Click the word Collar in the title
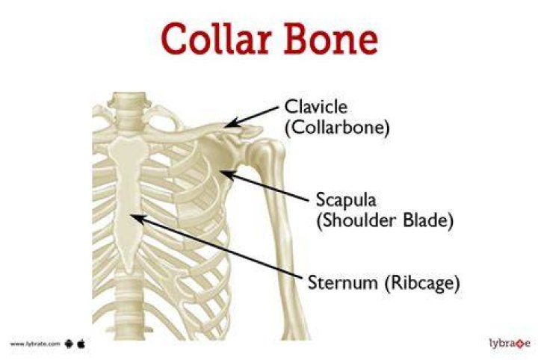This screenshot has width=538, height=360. click(215, 38)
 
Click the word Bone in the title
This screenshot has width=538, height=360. click(331, 38)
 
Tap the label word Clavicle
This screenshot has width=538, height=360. click(316, 107)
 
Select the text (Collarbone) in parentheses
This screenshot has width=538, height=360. click(337, 128)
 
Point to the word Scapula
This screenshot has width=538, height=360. click(346, 199)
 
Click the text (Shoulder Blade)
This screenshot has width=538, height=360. click(385, 220)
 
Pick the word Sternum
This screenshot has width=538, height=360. click(344, 282)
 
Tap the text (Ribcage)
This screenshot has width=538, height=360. click(421, 283)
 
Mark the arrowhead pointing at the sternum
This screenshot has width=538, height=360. click(138, 218)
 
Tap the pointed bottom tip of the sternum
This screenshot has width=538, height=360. click(129, 272)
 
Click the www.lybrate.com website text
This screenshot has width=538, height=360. click(35, 344)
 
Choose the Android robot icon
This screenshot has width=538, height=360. click(69, 344)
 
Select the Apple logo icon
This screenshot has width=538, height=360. click(81, 344)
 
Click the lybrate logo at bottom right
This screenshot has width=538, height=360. click(510, 344)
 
